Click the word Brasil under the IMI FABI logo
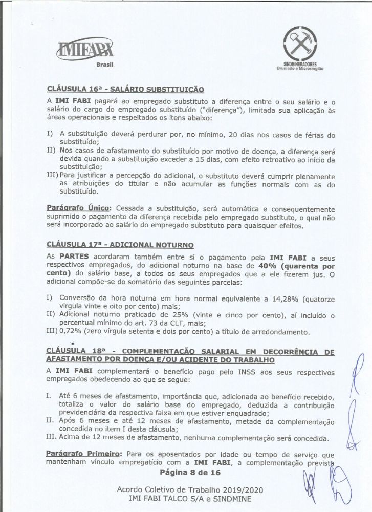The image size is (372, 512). point(104,65)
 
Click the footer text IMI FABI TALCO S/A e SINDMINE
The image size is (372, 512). point(186,499)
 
